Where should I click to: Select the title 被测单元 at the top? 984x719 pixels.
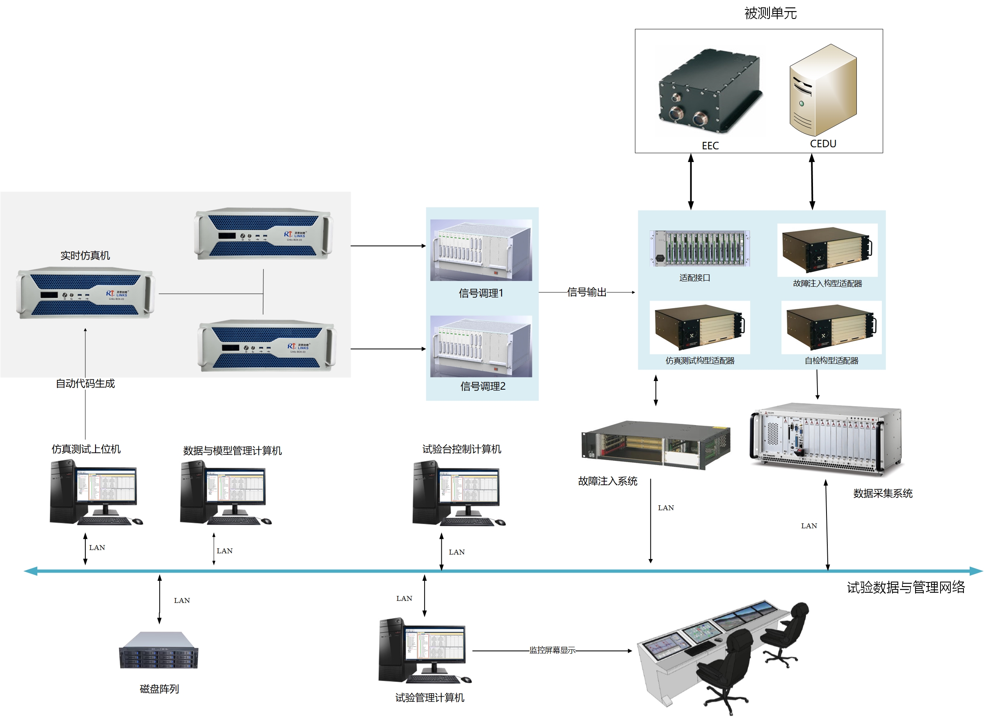click(x=770, y=14)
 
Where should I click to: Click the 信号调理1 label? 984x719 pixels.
click(x=480, y=293)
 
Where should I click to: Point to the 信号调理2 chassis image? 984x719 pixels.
click(x=480, y=347)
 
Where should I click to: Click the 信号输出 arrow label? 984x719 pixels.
click(x=586, y=292)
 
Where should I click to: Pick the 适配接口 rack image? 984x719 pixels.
click(x=699, y=248)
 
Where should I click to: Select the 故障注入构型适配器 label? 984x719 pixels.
click(x=827, y=284)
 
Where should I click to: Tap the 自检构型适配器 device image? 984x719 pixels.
click(x=831, y=327)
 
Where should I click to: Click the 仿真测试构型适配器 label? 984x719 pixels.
click(x=699, y=361)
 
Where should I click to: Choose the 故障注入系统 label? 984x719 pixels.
click(x=607, y=481)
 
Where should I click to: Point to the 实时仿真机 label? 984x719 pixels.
click(x=85, y=256)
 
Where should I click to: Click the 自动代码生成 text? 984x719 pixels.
click(x=85, y=383)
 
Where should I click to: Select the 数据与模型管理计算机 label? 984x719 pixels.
click(x=232, y=450)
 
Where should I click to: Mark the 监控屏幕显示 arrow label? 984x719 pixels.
click(x=552, y=650)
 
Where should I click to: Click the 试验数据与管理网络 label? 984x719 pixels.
click(x=905, y=588)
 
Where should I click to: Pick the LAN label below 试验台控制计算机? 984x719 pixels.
click(x=456, y=552)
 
